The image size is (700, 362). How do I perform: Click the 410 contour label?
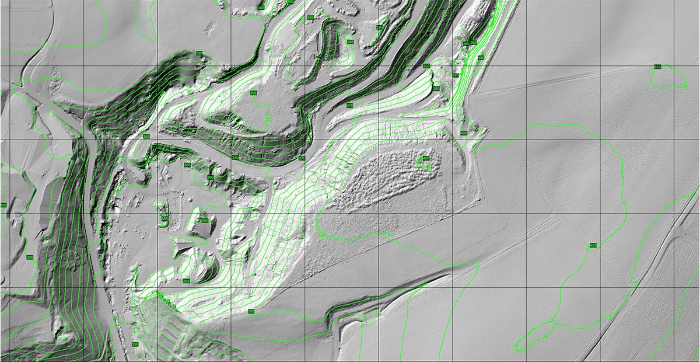[x=657, y=67]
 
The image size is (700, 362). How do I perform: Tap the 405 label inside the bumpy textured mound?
[x=425, y=158]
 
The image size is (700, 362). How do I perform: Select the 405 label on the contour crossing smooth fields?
[x=593, y=245]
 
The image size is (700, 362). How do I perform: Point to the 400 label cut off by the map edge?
[x=3, y=206]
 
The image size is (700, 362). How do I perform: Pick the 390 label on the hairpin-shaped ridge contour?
[x=350, y=43]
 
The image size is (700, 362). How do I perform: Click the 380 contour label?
[x=436, y=89]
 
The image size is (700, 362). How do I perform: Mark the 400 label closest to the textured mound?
[x=463, y=133]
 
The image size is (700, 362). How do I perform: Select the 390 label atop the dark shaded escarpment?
[x=199, y=54]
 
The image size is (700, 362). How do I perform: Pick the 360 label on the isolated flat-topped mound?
[x=205, y=220]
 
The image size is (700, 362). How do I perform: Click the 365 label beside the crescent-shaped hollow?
[x=186, y=281]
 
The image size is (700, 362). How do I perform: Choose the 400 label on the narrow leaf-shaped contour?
[x=480, y=58]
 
